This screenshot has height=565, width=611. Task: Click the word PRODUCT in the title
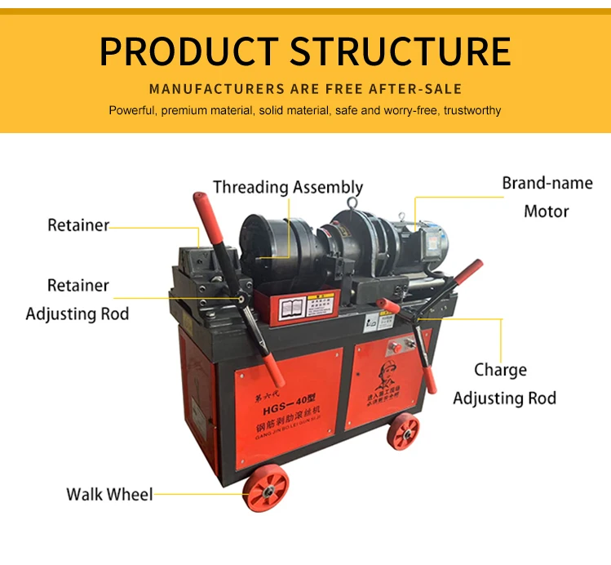pyautogui.click(x=190, y=51)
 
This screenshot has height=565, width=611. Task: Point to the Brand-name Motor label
pyautogui.click(x=547, y=197)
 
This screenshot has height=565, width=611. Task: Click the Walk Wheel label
pyautogui.click(x=109, y=494)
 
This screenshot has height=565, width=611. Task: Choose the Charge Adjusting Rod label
pyautogui.click(x=503, y=384)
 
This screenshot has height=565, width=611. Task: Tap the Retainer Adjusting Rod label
pyautogui.click(x=77, y=300)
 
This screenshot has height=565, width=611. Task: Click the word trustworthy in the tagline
pyautogui.click(x=472, y=110)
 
